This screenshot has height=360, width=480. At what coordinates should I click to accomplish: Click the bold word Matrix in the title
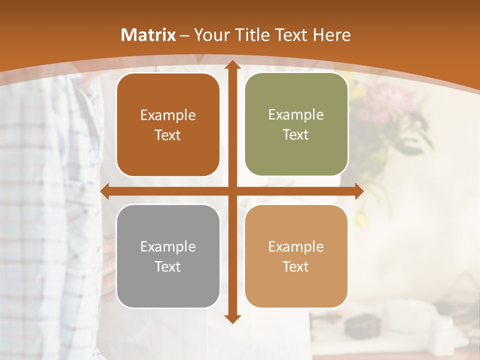pos(148,35)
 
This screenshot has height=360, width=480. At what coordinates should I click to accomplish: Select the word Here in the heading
pos(331,35)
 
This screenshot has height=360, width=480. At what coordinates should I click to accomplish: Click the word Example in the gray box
pos(168,246)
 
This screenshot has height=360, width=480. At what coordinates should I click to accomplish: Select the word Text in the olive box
pos(296,135)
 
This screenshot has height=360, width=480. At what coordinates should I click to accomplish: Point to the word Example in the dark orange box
pos(168,115)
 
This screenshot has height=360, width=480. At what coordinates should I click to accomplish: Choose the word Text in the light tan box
pos(296,266)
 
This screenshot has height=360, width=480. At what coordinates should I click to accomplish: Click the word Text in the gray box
pos(168,266)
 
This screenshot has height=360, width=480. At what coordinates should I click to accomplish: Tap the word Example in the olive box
pos(296,115)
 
